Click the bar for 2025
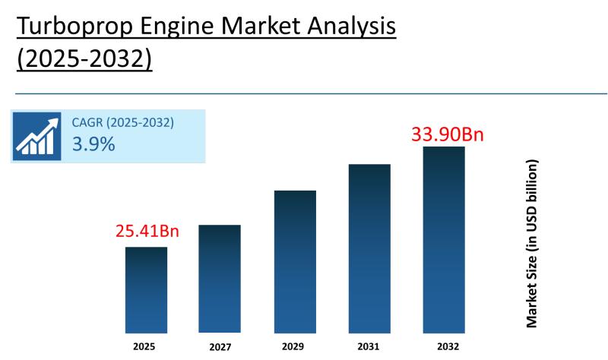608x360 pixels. coord(146,289)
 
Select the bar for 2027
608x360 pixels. coord(220,279)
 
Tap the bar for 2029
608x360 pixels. coord(295,261)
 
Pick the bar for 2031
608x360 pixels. coord(369,248)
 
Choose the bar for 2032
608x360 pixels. coord(444,239)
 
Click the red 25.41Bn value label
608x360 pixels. coord(147,231)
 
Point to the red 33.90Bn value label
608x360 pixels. coord(448,135)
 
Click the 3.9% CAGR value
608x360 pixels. coord(93,144)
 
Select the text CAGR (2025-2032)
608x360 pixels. coord(123,122)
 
